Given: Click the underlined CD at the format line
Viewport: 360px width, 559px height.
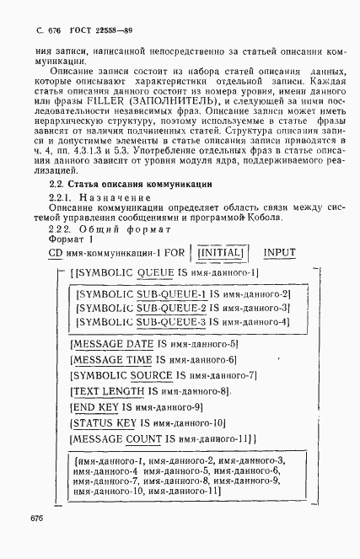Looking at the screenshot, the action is (55, 252).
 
